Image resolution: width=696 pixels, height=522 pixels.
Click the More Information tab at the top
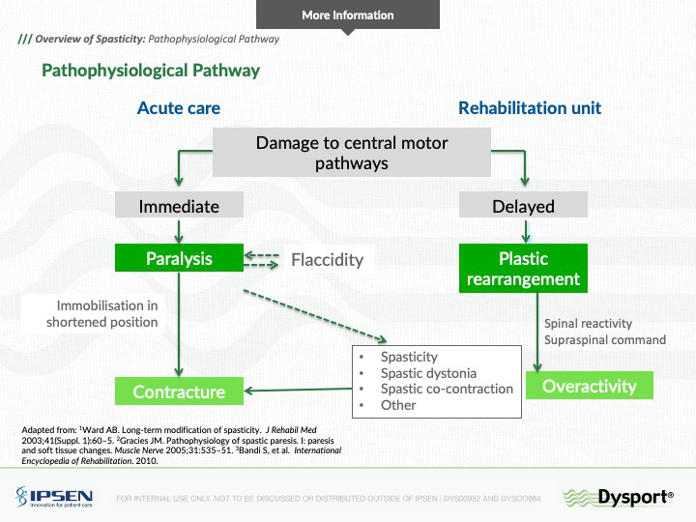coord(347,15)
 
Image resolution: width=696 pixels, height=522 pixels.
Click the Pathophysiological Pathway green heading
coord(150,71)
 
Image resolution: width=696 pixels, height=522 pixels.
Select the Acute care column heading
coord(179,107)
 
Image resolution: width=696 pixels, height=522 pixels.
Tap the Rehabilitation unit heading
coord(529,107)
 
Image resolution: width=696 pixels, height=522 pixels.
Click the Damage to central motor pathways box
coord(351,153)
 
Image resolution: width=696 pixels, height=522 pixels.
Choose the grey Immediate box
coord(179,206)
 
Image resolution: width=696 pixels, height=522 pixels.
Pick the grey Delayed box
coord(523,206)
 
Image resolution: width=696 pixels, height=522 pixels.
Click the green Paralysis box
coord(179,258)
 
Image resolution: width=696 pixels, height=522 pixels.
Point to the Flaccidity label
coord(327,259)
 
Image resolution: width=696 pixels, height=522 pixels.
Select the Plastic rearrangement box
coord(523,269)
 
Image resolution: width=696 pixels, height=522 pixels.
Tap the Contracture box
coord(179,391)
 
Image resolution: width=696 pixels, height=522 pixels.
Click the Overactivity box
coord(590,386)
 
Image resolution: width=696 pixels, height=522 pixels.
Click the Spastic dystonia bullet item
coord(428,373)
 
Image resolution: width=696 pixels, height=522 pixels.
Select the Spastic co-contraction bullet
coord(447,389)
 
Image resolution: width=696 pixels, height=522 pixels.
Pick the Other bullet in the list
coord(398,405)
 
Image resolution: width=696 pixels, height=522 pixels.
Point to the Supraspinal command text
coord(605,339)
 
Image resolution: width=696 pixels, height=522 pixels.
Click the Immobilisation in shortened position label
coord(101,313)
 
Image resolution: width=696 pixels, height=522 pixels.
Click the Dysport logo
coord(619,496)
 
